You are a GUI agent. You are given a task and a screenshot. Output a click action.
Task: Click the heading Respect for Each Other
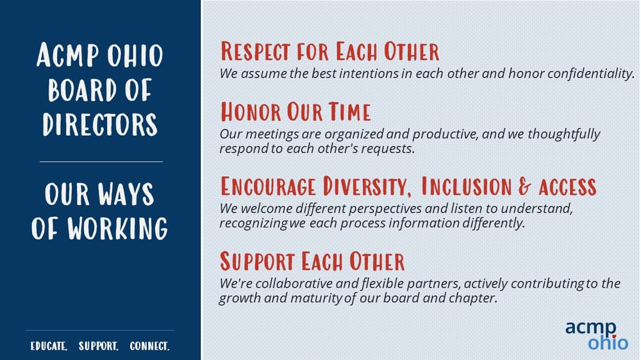click(x=329, y=51)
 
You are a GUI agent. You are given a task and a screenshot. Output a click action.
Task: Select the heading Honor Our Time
click(x=296, y=111)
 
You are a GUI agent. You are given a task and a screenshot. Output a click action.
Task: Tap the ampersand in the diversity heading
click(x=524, y=186)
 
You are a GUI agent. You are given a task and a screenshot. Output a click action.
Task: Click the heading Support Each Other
click(x=312, y=261)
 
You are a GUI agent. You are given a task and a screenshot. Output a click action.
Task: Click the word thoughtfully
click(x=563, y=134)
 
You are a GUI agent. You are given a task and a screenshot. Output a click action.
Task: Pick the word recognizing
click(x=253, y=224)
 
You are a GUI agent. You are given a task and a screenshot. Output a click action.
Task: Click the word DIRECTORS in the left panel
click(x=100, y=124)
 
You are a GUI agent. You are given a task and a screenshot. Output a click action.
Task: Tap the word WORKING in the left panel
click(x=117, y=228)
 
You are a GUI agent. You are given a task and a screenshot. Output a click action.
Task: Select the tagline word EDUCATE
click(x=49, y=346)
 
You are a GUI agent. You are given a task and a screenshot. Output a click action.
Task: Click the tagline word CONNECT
click(x=149, y=346)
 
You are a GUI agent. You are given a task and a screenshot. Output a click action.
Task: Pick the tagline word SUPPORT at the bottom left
click(x=98, y=346)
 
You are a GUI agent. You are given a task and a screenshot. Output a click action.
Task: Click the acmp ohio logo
click(x=596, y=335)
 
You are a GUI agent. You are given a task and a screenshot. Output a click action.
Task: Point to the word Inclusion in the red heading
click(x=466, y=186)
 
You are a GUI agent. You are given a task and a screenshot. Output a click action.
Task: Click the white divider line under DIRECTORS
click(x=101, y=162)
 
